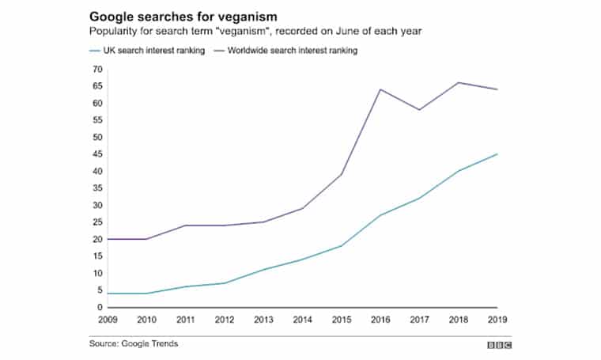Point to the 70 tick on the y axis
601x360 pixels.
point(98,69)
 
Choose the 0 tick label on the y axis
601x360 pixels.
point(100,307)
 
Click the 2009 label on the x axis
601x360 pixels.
point(109,320)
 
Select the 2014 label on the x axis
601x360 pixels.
point(304,320)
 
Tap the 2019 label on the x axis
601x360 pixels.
point(497,320)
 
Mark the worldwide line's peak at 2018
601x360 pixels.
point(459,82)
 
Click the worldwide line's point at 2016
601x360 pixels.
point(381,89)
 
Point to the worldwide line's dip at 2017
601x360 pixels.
point(420,110)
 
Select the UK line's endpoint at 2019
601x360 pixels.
point(497,154)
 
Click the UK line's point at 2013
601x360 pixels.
point(265,270)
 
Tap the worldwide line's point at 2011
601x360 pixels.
point(187,225)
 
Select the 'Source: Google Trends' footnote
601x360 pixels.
point(133,344)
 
